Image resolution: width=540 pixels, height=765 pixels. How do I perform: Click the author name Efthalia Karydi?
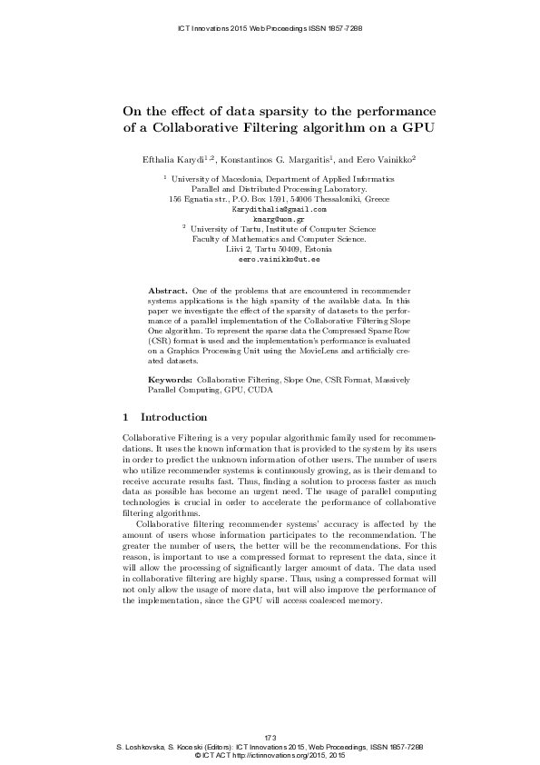[172, 159]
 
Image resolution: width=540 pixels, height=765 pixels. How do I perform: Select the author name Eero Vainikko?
[379, 159]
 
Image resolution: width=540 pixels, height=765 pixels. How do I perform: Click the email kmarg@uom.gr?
[270, 219]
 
